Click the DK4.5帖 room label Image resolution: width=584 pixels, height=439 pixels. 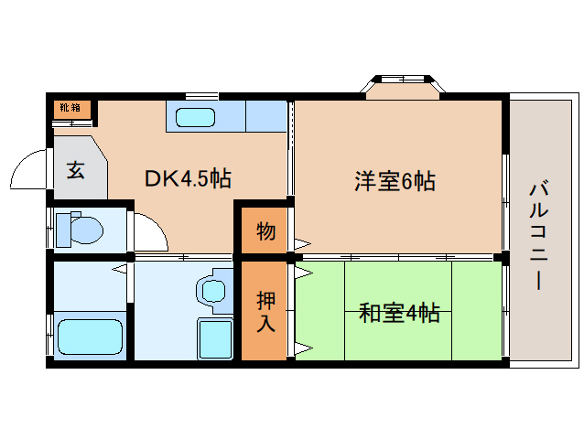click(188, 178)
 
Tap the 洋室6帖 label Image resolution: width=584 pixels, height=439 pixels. click(395, 180)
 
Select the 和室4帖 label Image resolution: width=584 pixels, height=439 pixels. click(399, 314)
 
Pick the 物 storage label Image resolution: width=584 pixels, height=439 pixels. click(265, 231)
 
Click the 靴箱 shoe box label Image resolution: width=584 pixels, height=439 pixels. click(70, 108)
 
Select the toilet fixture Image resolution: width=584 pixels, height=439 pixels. click(81, 229)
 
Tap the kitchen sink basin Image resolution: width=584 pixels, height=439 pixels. click(193, 117)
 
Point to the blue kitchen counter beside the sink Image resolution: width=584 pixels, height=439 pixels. click(265, 116)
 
